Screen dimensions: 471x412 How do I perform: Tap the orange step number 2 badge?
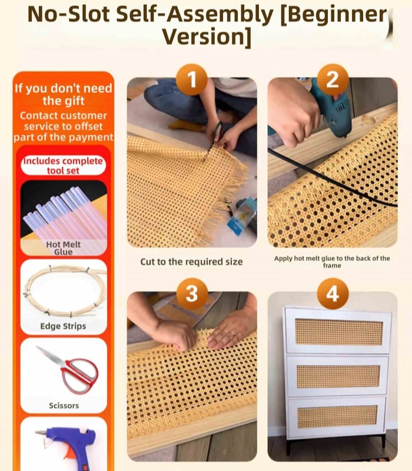point(333,80)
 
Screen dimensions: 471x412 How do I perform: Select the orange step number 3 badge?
point(192,293)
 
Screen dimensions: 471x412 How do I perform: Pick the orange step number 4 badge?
point(333,293)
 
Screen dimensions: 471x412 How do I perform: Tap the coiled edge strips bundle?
point(64,292)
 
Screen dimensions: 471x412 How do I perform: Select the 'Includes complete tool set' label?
point(63,165)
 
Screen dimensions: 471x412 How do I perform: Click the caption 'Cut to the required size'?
point(191,261)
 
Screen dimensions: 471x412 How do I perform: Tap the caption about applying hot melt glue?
point(332,262)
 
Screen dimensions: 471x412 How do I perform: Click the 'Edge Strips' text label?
point(63,326)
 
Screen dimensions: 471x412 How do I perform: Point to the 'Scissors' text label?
point(64,406)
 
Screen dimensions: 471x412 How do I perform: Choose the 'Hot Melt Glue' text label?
point(63,248)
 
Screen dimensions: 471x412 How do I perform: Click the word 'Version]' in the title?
point(206,37)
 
